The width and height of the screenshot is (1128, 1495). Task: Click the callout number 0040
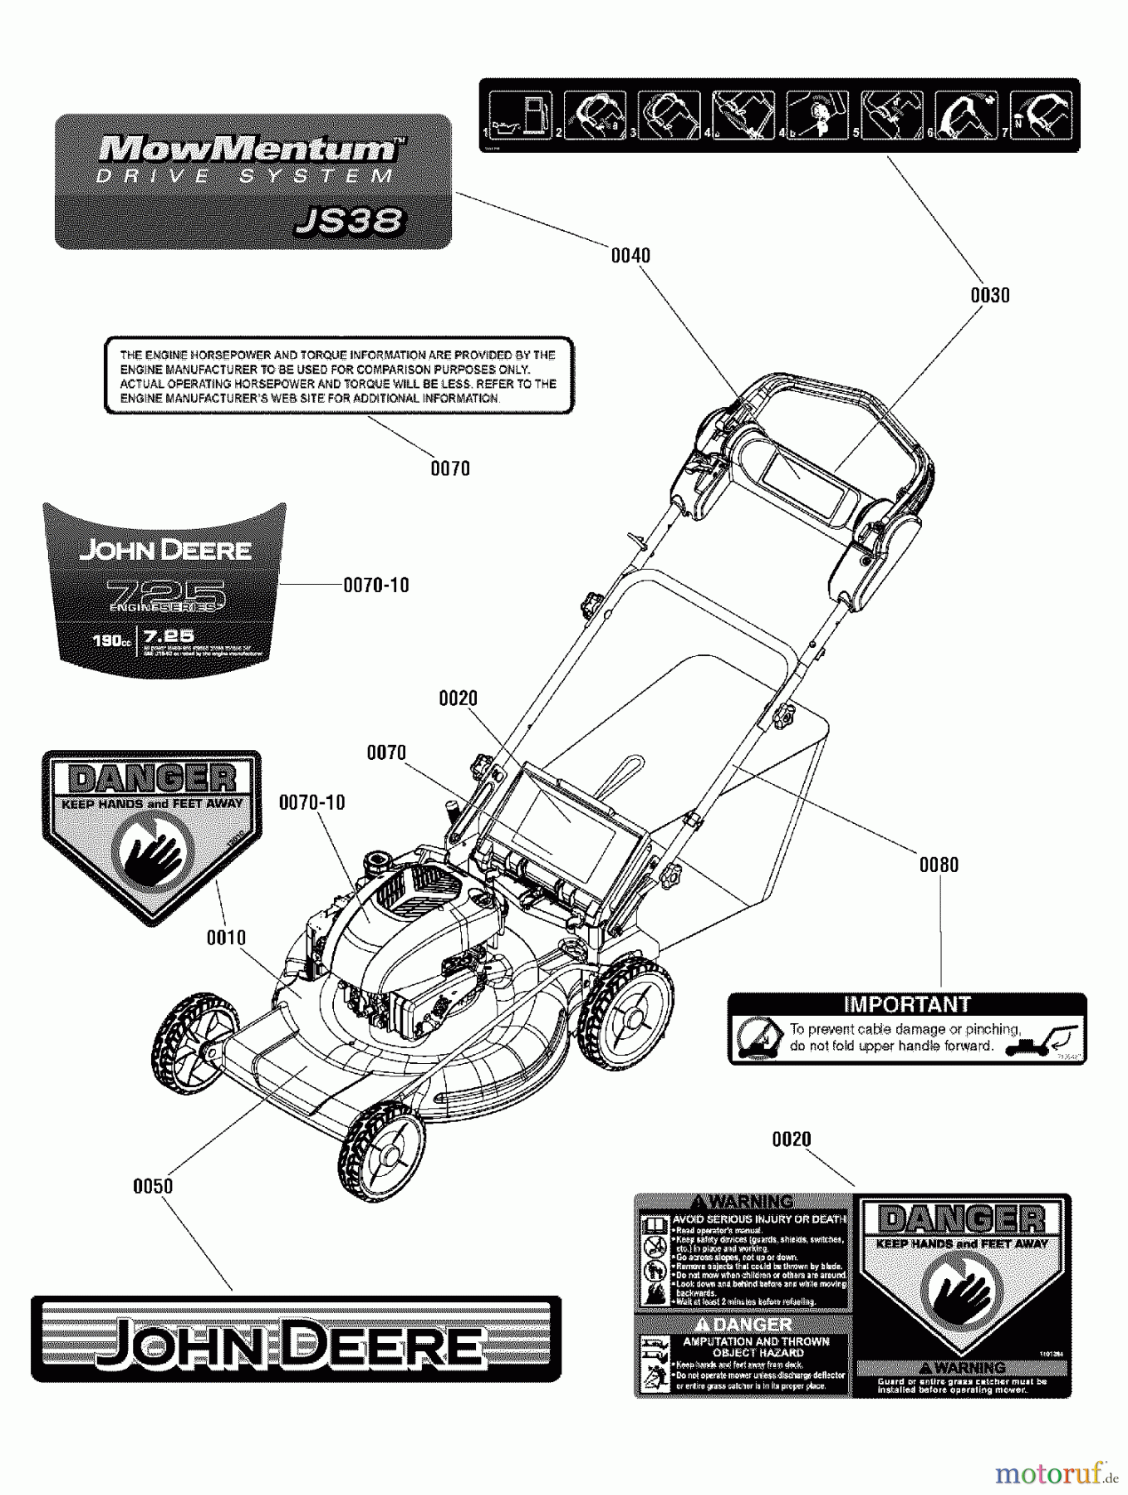pos(630,256)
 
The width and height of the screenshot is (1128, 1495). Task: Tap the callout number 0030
pos(990,296)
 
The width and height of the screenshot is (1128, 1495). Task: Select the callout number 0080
pos(939,865)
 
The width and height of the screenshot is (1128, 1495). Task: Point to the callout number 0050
pos(153,1187)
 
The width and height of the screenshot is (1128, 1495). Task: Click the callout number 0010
pos(226,939)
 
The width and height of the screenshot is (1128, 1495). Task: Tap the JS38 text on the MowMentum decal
pos(350,221)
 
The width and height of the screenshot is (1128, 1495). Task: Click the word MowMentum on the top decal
pos(248,149)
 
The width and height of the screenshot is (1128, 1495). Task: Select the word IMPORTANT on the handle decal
pos(907,1005)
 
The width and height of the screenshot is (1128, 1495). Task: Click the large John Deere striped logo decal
pos(296,1339)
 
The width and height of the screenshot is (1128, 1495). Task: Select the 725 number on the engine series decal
pos(166,593)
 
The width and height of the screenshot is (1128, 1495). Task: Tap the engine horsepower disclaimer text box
pos(339,376)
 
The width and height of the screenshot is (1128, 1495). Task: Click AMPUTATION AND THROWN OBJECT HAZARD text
pos(756,1346)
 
